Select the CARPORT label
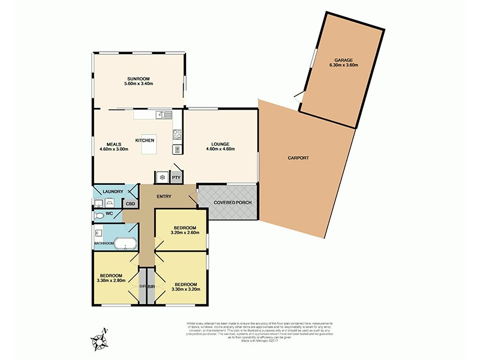[x=298, y=158]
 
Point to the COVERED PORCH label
[x=232, y=202]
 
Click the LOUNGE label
[x=220, y=144]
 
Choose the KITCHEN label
[x=145, y=140]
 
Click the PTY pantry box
[x=176, y=178]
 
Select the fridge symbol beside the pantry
[x=162, y=178]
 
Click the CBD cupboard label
[x=130, y=204]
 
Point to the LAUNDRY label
[x=112, y=192]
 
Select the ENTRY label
[x=164, y=197]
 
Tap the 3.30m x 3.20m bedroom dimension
[x=185, y=289]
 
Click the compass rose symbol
[x=99, y=340]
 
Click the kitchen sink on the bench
[x=163, y=115]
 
